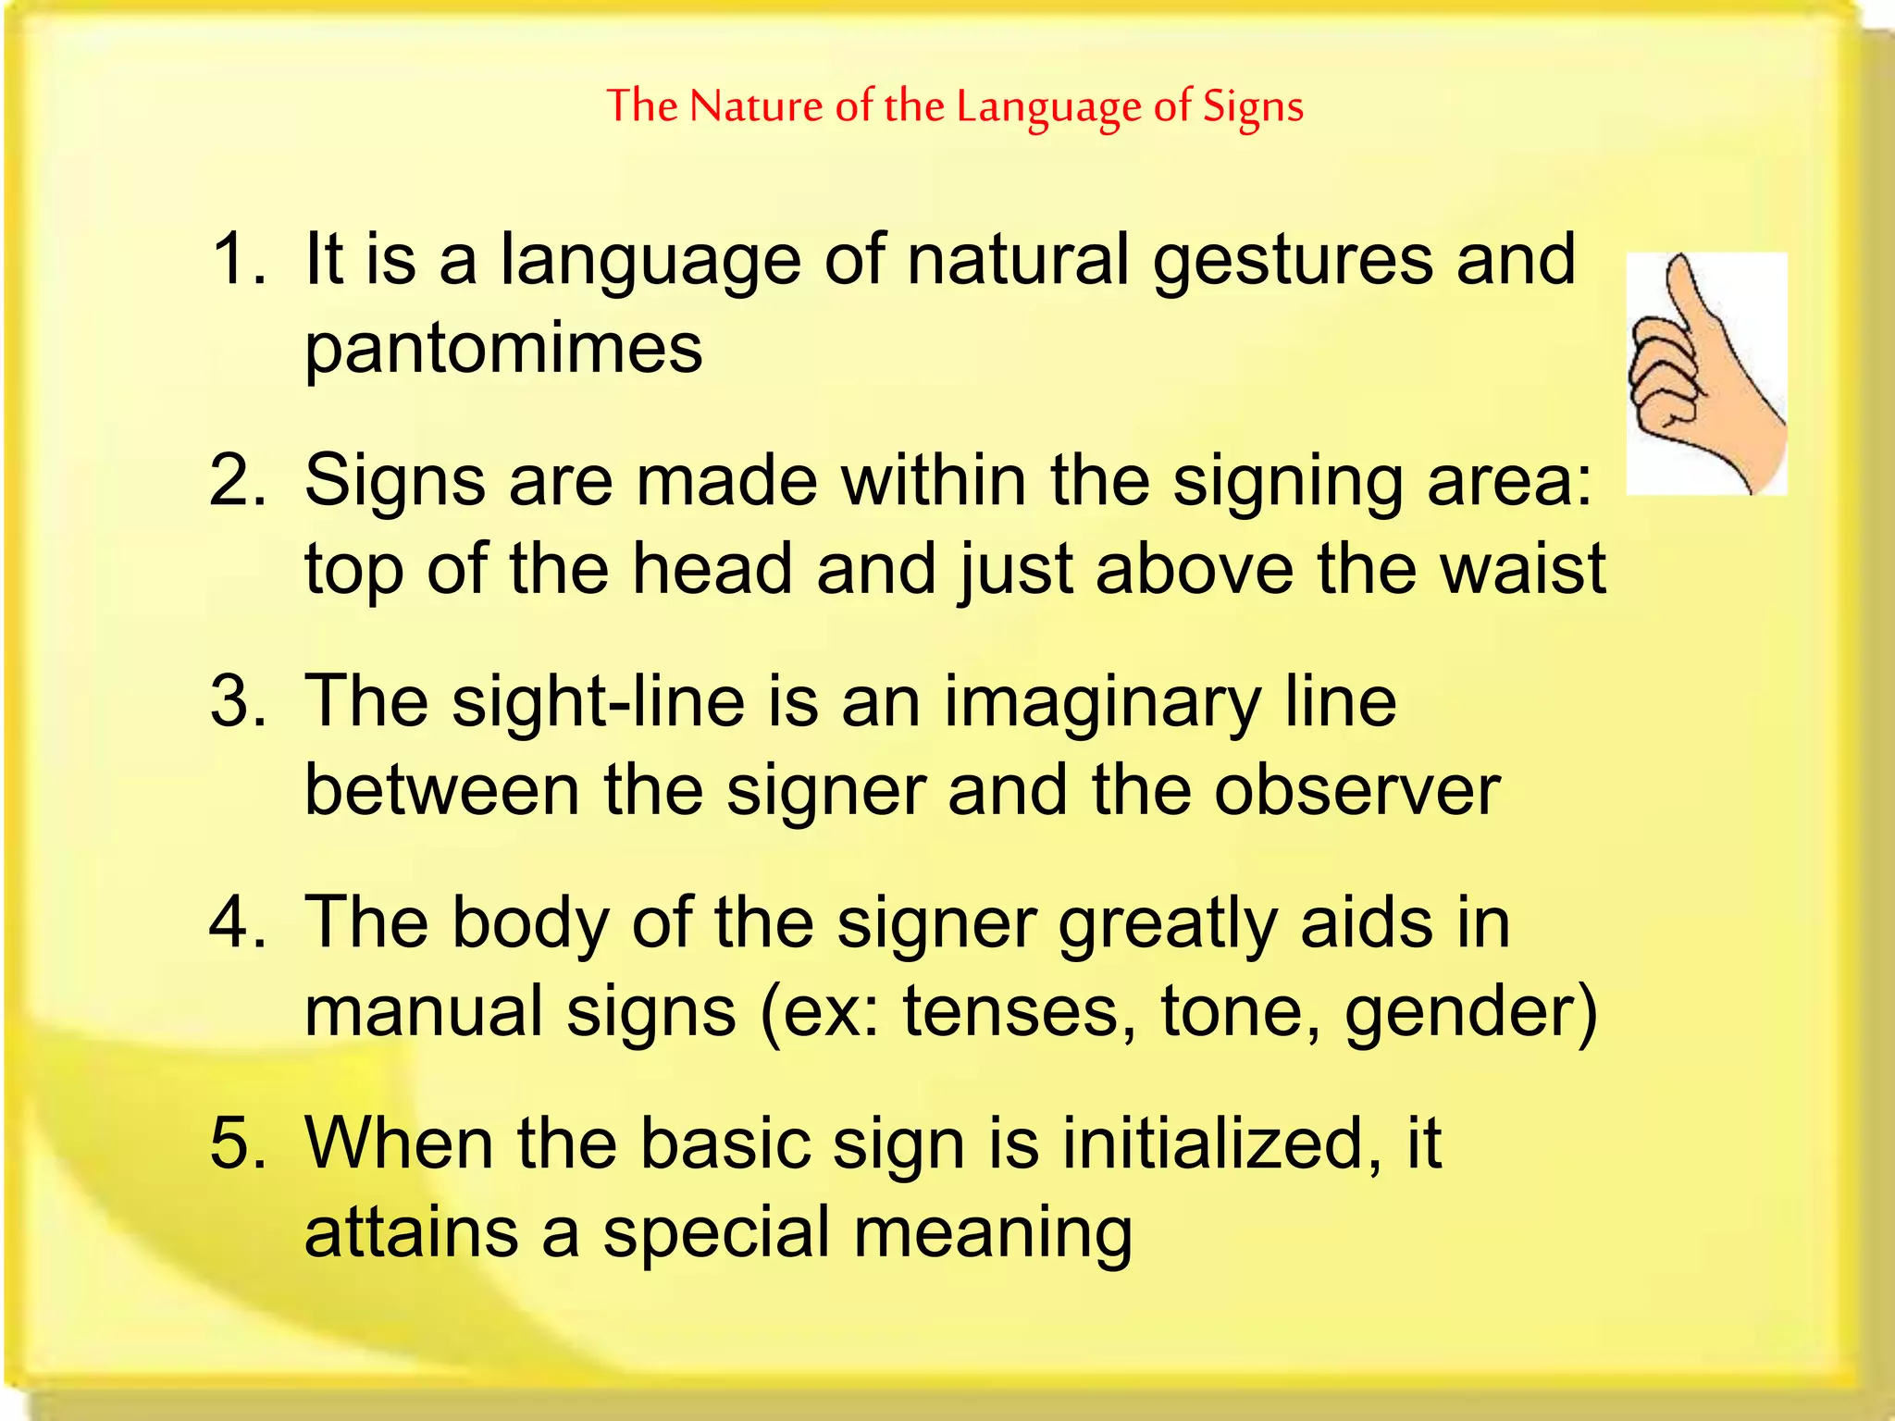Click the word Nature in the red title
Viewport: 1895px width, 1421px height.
click(755, 106)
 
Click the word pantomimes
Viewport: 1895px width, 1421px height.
click(503, 350)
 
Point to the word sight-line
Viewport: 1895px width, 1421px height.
click(598, 701)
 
